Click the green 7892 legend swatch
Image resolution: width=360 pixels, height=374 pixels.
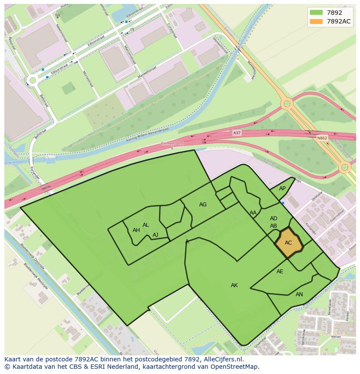[316, 13]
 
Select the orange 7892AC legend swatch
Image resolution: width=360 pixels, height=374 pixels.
[316, 21]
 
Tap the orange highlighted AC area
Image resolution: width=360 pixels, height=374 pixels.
[288, 243]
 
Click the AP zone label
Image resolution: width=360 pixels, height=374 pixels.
[282, 189]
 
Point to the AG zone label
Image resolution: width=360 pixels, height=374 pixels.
[203, 205]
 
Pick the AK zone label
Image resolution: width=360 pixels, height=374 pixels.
[234, 285]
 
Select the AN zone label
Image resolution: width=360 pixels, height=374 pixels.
[299, 295]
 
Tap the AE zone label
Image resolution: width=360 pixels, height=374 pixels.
[280, 271]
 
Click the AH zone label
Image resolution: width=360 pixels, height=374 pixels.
[136, 230]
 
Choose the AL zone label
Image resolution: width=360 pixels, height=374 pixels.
[146, 225]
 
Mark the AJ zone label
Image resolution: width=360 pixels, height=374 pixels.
[155, 235]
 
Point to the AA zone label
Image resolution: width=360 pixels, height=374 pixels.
[253, 213]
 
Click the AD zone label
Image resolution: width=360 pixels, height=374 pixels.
[273, 218]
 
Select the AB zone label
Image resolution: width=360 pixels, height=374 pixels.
[273, 226]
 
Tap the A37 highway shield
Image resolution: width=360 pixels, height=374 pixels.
[237, 133]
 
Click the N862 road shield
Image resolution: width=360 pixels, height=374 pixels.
[322, 138]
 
